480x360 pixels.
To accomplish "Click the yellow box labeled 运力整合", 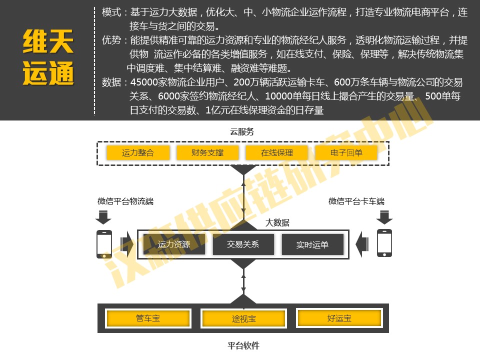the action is tap(138, 153).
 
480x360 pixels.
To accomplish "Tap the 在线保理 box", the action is tap(276, 153).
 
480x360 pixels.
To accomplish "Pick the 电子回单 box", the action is tap(346, 153).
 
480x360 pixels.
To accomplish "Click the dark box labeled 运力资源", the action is tap(174, 244).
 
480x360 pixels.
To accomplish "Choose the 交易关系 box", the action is tap(243, 244).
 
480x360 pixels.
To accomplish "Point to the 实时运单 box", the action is tap(312, 244).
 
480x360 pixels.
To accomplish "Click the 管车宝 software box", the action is tap(148, 318).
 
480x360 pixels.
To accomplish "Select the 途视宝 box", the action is tap(243, 318).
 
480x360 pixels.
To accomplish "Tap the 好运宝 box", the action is tap(339, 318).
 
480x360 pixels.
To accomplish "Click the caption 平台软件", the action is tap(243, 345).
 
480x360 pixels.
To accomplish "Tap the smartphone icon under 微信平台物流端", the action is tap(104, 243).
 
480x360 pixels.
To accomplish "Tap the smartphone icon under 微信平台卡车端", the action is tap(384, 243).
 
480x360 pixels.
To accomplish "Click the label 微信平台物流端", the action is tap(125, 201).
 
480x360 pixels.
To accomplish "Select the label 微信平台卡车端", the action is tap(356, 201).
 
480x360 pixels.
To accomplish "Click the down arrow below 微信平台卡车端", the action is tap(384, 217).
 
